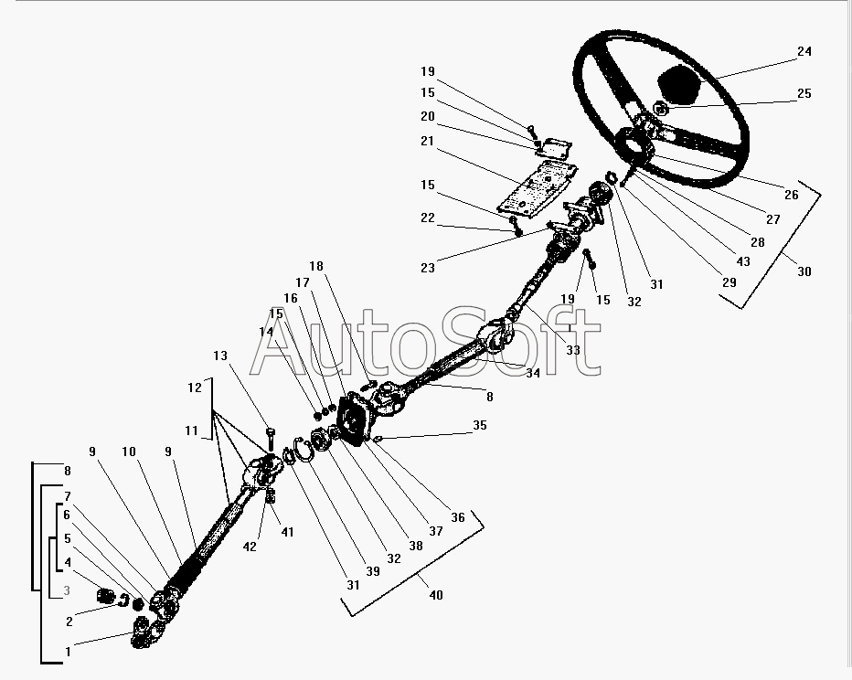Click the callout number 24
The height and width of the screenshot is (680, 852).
coord(804,52)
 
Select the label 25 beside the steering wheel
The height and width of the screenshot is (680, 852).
coord(804,93)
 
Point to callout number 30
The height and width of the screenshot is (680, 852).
coord(804,271)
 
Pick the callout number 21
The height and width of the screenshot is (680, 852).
coord(428,141)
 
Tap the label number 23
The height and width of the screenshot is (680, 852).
coord(428,268)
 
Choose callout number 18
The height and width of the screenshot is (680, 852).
coord(316,266)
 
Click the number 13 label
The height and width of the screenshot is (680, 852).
coord(220,356)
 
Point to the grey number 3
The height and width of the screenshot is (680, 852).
coord(67,591)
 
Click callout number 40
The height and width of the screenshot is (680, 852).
coord(436,595)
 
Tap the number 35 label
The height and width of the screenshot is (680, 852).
coord(479,425)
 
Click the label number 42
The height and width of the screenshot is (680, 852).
coord(250,547)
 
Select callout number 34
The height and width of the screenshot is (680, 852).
coord(532,372)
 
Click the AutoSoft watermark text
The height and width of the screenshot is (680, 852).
coord(425,346)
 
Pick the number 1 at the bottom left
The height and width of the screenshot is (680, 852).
coord(67,652)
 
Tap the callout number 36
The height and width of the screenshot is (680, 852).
coord(457,517)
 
